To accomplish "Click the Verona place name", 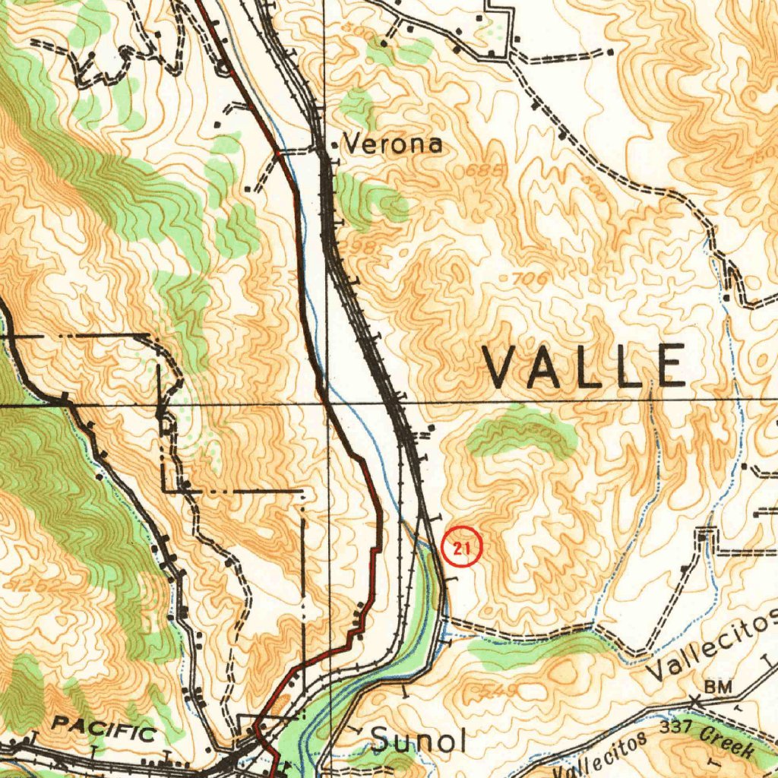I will pos(393,144).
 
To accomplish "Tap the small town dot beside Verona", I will pos(335,144).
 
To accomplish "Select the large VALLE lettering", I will pos(585,365).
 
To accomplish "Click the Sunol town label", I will pos(418,740).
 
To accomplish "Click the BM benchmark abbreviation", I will pos(718,687).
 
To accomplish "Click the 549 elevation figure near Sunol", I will pos(499,691).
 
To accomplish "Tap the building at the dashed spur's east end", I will pos(609,52).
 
